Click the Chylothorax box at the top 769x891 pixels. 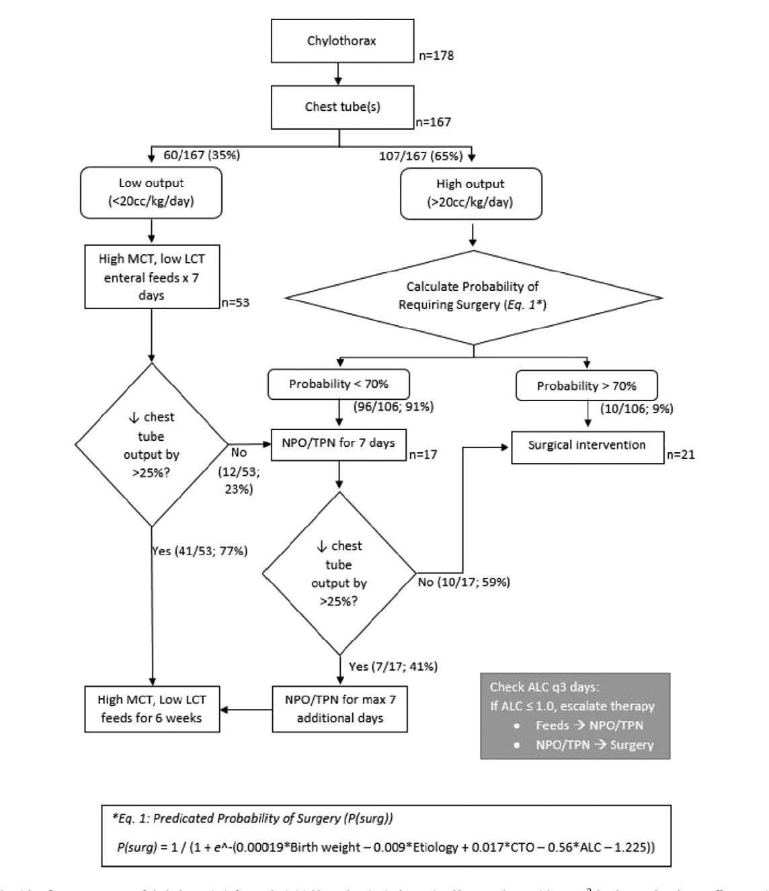[x=341, y=40]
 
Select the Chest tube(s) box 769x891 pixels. [x=341, y=107]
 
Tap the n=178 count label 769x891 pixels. [x=435, y=56]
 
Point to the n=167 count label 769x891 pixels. [x=434, y=122]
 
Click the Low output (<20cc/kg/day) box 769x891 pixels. [x=151, y=192]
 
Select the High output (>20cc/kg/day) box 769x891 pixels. [x=471, y=193]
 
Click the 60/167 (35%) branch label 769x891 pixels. [x=201, y=155]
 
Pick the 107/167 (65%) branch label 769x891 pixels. [x=421, y=156]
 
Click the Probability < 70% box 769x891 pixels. [x=339, y=384]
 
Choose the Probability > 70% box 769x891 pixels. [x=586, y=386]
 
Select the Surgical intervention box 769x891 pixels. [x=587, y=445]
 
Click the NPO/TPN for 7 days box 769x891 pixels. [x=339, y=443]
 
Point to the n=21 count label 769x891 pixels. [x=681, y=455]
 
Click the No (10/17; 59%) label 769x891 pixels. [x=464, y=582]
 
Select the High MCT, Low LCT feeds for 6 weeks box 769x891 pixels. [x=152, y=709]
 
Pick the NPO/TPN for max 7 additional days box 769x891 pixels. [x=340, y=709]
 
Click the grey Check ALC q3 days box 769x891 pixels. [x=575, y=716]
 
